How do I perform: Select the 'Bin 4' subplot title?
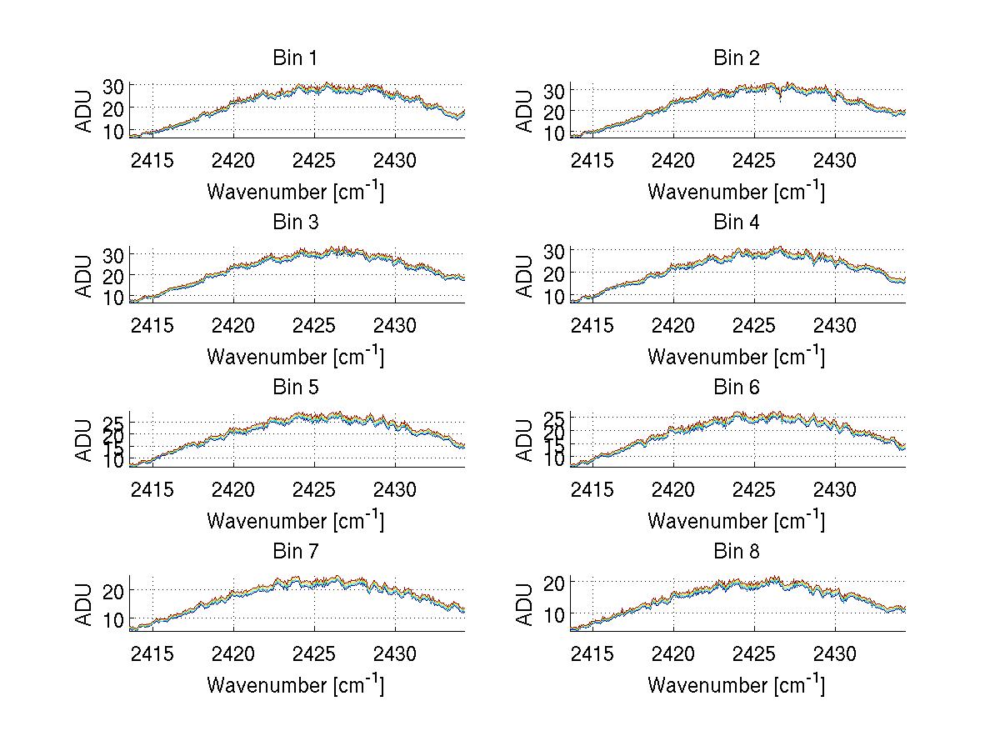coord(737,223)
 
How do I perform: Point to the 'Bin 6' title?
coord(737,388)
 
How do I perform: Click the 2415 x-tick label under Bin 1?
coord(152,160)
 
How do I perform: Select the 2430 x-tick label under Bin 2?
coord(835,160)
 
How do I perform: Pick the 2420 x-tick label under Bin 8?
coord(673,653)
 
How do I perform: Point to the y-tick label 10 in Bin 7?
coord(114,620)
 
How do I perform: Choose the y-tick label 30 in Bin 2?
coord(555,90)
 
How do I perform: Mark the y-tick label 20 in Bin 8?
coord(555,582)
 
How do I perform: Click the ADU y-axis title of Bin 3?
coord(84,275)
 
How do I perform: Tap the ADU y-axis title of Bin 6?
coord(525,439)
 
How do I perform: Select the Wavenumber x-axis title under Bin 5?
coord(295,521)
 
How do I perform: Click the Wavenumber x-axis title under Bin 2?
coord(737,192)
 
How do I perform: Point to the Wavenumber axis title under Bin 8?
coord(737,685)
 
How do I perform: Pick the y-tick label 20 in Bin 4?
coord(555,273)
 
